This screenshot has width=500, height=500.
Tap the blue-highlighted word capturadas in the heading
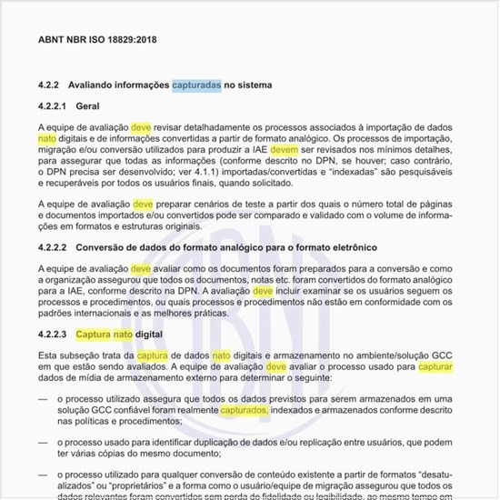(x=196, y=85)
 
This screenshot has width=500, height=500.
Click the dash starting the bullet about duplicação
(x=43, y=441)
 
